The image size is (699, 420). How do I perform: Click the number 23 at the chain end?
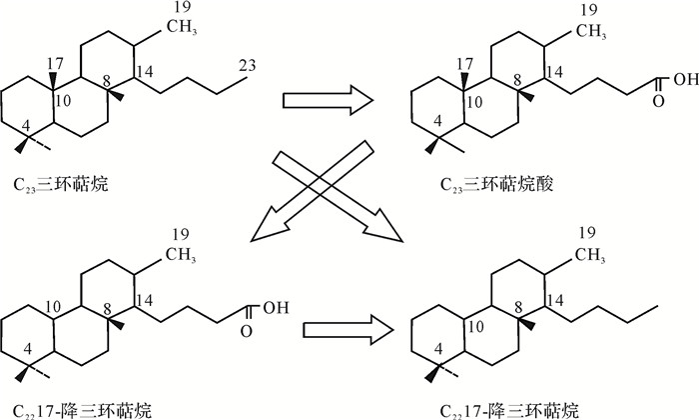(246, 66)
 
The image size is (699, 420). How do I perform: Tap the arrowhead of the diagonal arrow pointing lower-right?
(384, 228)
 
